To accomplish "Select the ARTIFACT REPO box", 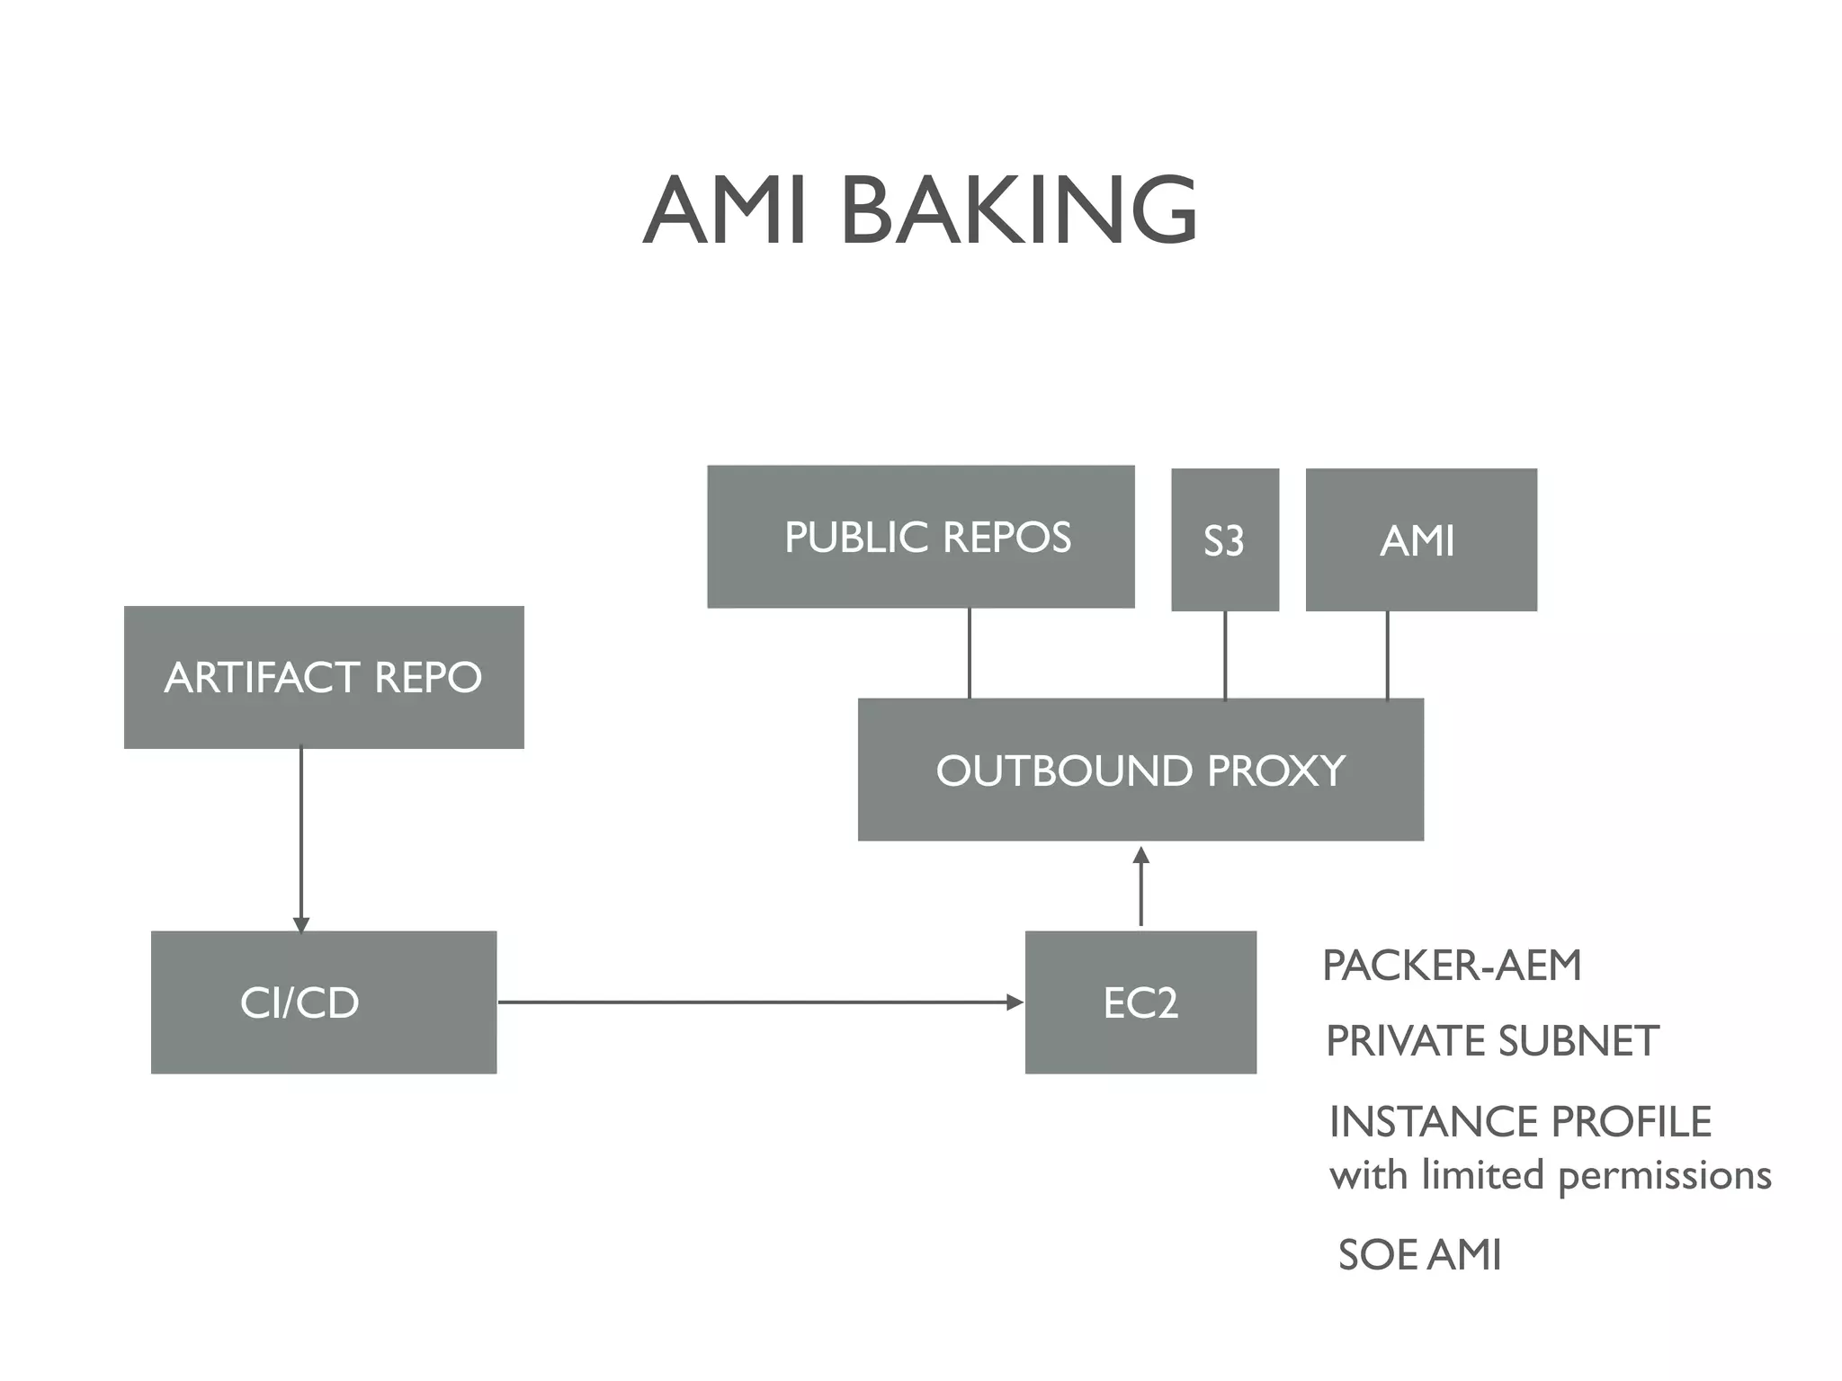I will coord(324,677).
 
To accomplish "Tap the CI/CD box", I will coord(324,1002).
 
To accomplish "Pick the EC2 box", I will coord(1140,1002).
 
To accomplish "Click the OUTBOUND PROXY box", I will coord(1140,770).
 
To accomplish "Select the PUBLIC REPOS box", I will coord(920,537).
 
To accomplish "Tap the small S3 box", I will coord(1224,539).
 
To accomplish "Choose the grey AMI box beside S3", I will coord(1420,539).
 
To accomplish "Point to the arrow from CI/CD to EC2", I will coord(760,1002).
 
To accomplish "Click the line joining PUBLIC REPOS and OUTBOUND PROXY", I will coord(969,654).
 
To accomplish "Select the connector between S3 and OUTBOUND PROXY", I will coord(1225,655).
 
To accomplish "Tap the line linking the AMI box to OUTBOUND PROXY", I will coord(1387,655).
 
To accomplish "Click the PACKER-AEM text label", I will coord(1451,966).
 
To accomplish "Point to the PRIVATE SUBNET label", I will coord(1491,1041).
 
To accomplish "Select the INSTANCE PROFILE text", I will coord(1520,1122).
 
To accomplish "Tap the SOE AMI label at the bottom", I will coord(1419,1255).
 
